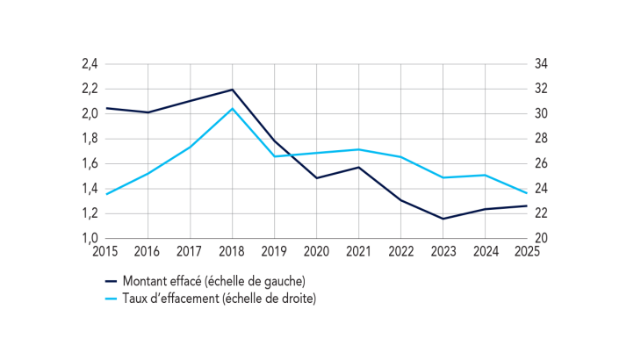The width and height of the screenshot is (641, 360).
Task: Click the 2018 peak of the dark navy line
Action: pos(232,90)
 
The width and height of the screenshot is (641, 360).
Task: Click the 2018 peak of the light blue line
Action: pos(232,108)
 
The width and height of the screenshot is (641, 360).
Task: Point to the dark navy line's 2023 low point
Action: pos(443,219)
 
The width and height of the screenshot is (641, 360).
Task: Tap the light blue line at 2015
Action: pos(105,194)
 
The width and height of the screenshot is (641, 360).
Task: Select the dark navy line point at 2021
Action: pos(358,167)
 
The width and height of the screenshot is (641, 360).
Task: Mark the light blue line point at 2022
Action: pos(400,157)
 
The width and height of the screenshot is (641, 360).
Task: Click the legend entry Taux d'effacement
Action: pos(219,299)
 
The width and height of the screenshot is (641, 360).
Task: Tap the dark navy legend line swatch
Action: pos(112,281)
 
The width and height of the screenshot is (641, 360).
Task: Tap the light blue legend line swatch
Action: pos(112,299)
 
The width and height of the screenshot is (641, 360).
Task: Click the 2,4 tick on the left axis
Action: pos(89,64)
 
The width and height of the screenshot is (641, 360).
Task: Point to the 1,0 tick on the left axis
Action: pos(89,238)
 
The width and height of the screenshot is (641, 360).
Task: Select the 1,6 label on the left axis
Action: pos(89,163)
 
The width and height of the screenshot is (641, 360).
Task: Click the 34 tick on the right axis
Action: pos(540,64)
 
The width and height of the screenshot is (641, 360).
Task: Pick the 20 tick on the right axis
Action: pos(540,238)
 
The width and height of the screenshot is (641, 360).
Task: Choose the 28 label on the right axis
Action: pos(540,139)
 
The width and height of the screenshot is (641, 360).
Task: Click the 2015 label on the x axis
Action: pos(105,251)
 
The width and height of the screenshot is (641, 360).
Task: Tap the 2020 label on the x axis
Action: pos(316,251)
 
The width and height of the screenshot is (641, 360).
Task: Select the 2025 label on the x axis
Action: pos(527,251)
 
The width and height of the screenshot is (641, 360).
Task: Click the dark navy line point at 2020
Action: pos(316,178)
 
